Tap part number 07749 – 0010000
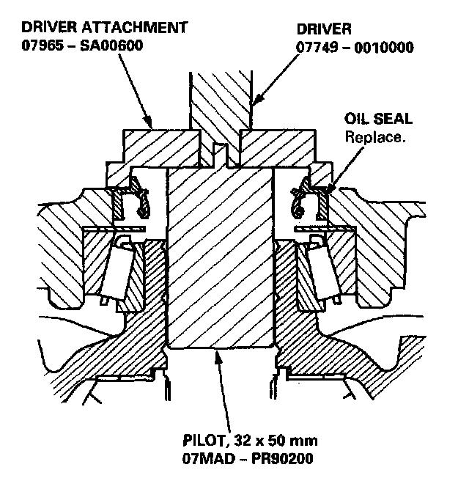(x=355, y=48)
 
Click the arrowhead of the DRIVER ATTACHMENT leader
(x=152, y=129)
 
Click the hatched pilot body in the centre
(x=220, y=257)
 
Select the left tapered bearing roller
(x=117, y=268)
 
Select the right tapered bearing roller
(x=322, y=268)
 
